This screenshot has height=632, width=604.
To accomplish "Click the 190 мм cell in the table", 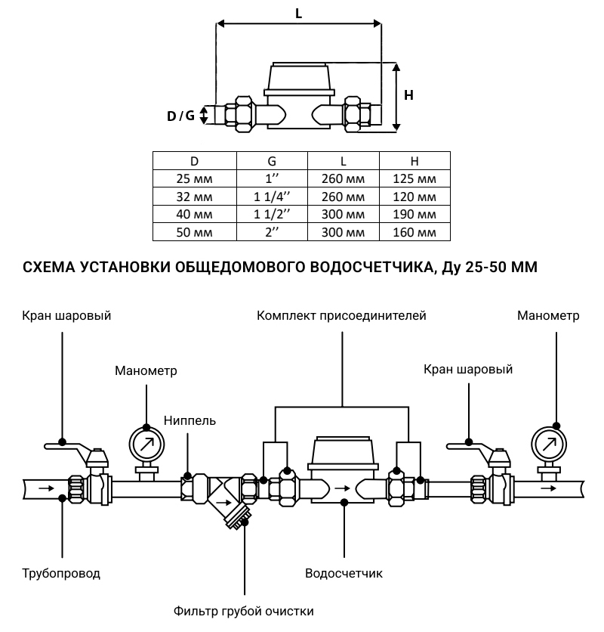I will [x=414, y=215].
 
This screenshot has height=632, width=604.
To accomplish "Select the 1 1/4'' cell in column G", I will [x=272, y=197].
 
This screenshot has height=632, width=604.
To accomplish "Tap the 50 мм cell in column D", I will [x=194, y=233].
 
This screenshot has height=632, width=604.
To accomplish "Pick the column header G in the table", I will [x=272, y=161].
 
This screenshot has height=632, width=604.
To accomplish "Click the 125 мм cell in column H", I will [x=414, y=179].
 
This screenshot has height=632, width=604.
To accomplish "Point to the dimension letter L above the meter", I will [x=299, y=13].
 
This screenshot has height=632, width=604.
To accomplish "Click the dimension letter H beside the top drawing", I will [x=408, y=95].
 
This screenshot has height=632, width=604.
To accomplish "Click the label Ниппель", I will [x=190, y=420].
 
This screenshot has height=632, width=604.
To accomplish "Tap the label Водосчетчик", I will [x=344, y=573].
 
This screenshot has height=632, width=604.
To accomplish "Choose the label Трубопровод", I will [x=61, y=573].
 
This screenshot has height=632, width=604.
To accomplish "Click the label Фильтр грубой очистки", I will [x=243, y=611].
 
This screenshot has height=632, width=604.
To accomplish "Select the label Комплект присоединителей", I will [x=341, y=315].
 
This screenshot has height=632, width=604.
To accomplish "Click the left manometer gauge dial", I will [x=146, y=443].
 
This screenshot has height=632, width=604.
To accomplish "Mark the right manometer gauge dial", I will [x=550, y=445].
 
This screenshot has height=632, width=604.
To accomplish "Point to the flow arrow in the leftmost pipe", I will [x=45, y=488].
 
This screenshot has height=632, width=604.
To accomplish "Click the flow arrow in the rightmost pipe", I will [x=556, y=488].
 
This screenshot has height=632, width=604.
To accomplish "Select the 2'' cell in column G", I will [x=272, y=233].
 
